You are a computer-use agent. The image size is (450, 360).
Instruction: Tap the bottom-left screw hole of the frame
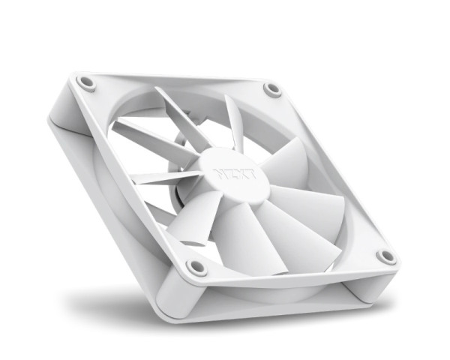pos(196,266)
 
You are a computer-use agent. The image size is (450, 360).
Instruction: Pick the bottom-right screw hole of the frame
pos(386,256)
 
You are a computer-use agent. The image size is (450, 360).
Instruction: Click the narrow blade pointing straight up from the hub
pos(233,120)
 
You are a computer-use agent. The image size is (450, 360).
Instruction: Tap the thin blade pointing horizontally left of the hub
pos(161,178)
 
